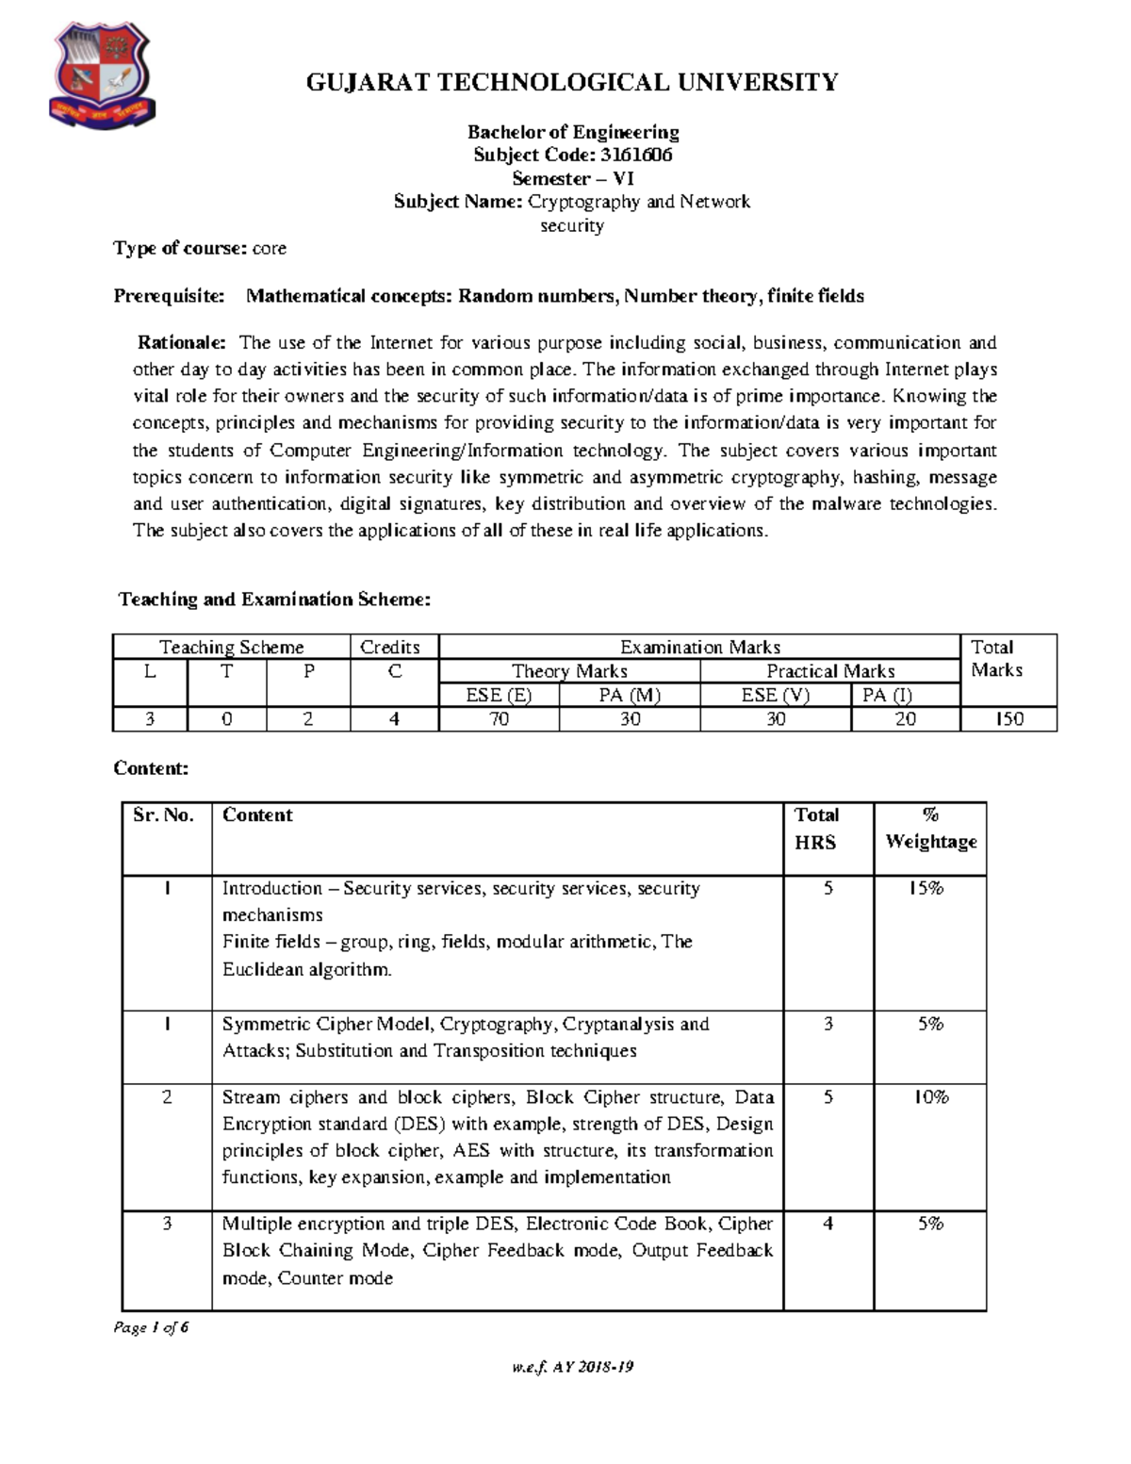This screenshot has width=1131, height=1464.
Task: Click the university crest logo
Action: coord(100,76)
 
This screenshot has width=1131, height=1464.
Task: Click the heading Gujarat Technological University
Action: coord(572,83)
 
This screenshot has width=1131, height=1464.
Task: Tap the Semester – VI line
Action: coord(572,179)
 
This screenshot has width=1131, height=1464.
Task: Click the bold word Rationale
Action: coord(182,342)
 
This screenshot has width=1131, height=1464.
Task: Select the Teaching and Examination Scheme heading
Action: coord(274,600)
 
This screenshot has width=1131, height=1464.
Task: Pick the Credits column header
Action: coord(390,647)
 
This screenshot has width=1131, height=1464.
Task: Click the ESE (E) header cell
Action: coord(499,695)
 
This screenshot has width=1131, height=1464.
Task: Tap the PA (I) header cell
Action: coord(887,695)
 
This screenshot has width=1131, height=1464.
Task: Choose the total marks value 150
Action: coord(1008,719)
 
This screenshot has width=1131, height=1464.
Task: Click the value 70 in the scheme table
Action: coord(499,719)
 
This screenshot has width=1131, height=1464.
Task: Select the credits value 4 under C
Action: coord(394,719)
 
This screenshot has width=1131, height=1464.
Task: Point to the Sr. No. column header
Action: coord(164,815)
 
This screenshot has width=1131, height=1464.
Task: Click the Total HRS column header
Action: coord(816,829)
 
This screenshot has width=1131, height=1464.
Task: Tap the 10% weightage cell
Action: coord(930,1097)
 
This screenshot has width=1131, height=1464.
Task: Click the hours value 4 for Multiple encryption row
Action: coord(828,1224)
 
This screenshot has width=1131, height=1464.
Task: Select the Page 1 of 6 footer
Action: coord(151,1327)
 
